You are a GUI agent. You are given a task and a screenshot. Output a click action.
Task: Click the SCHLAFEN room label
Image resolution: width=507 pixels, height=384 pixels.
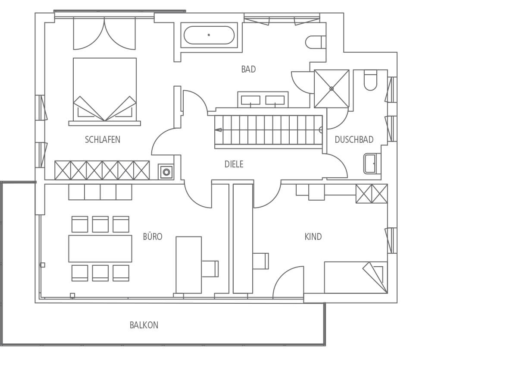[103, 140]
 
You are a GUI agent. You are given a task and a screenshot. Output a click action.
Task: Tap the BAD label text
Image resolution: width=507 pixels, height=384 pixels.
[248, 69]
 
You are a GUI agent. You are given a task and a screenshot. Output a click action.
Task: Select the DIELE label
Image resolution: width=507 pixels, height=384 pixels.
[234, 164]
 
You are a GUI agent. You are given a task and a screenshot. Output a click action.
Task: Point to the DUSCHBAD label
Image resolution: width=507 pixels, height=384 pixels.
[354, 140]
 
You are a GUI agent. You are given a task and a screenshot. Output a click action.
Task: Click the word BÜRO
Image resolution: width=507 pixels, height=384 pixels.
[153, 236]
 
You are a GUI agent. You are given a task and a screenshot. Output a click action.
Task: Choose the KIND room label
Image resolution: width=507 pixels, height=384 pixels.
[313, 237]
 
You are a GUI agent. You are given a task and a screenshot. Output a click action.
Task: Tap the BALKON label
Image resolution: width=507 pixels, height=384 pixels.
[144, 325]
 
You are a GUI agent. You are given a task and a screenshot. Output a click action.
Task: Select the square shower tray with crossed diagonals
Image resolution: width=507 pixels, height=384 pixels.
[332, 88]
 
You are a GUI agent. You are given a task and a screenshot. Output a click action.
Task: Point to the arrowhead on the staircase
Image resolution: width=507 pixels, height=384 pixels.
[219, 130]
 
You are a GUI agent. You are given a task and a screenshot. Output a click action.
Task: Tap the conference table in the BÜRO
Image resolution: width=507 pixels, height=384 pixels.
[100, 249]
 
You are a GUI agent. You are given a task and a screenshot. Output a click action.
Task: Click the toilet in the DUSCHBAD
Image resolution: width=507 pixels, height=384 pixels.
[370, 80]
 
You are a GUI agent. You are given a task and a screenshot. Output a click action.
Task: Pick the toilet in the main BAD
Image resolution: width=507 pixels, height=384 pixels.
[315, 42]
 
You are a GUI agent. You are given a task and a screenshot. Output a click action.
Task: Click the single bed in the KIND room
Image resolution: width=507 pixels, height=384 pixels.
[356, 277]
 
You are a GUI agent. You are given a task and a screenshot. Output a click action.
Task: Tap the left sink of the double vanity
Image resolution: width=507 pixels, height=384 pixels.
[250, 100]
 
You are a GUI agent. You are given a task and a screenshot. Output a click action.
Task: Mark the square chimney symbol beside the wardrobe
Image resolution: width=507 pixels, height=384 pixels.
[166, 172]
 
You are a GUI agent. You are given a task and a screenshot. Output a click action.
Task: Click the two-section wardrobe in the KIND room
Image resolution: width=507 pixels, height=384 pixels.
[372, 194]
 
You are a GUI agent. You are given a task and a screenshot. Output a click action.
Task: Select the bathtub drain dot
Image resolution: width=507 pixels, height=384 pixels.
[209, 35]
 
